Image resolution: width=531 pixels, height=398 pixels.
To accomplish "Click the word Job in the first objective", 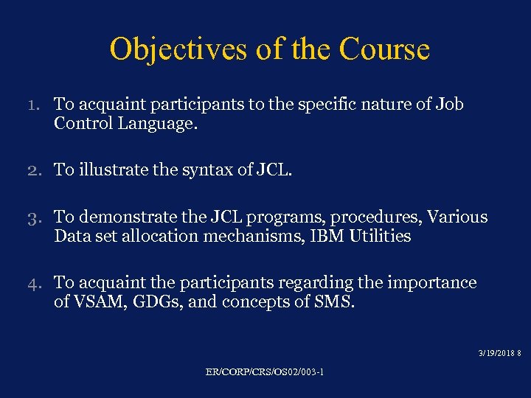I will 448,104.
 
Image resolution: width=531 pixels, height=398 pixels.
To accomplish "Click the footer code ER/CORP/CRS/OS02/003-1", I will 265,371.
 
